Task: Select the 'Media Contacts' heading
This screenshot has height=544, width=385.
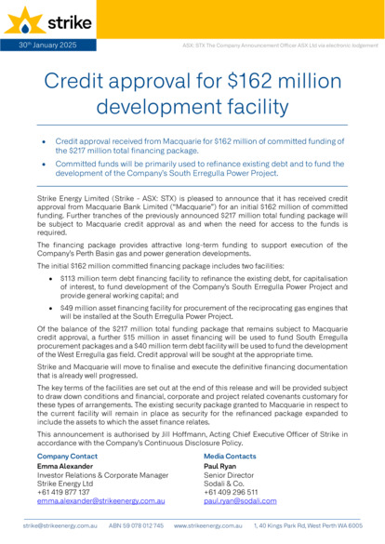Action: coord(230,457)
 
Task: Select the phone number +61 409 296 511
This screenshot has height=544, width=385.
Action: coord(230,492)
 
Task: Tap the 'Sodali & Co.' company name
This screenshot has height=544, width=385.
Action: coord(224,484)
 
